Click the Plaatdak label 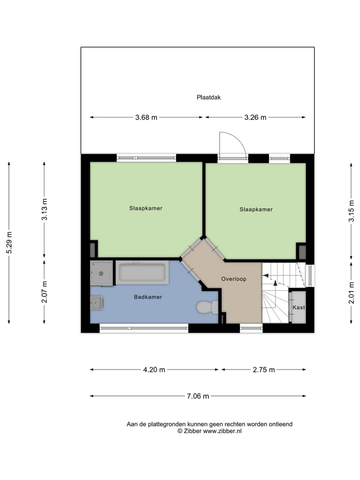(x=208, y=97)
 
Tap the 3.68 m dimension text (x=146, y=117)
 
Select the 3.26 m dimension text (x=255, y=117)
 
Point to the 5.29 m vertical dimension (x=8, y=242)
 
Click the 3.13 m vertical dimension (x=44, y=210)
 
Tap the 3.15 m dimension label (x=351, y=210)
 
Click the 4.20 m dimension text (x=154, y=370)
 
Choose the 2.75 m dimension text (x=263, y=370)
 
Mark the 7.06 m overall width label (x=198, y=396)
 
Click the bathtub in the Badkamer (x=141, y=273)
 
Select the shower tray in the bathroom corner (x=102, y=273)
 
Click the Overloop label (x=233, y=279)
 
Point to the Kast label (x=298, y=307)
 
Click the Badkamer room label (x=148, y=297)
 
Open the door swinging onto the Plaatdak (x=232, y=145)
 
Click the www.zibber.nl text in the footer (x=222, y=431)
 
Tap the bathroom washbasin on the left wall (x=97, y=302)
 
